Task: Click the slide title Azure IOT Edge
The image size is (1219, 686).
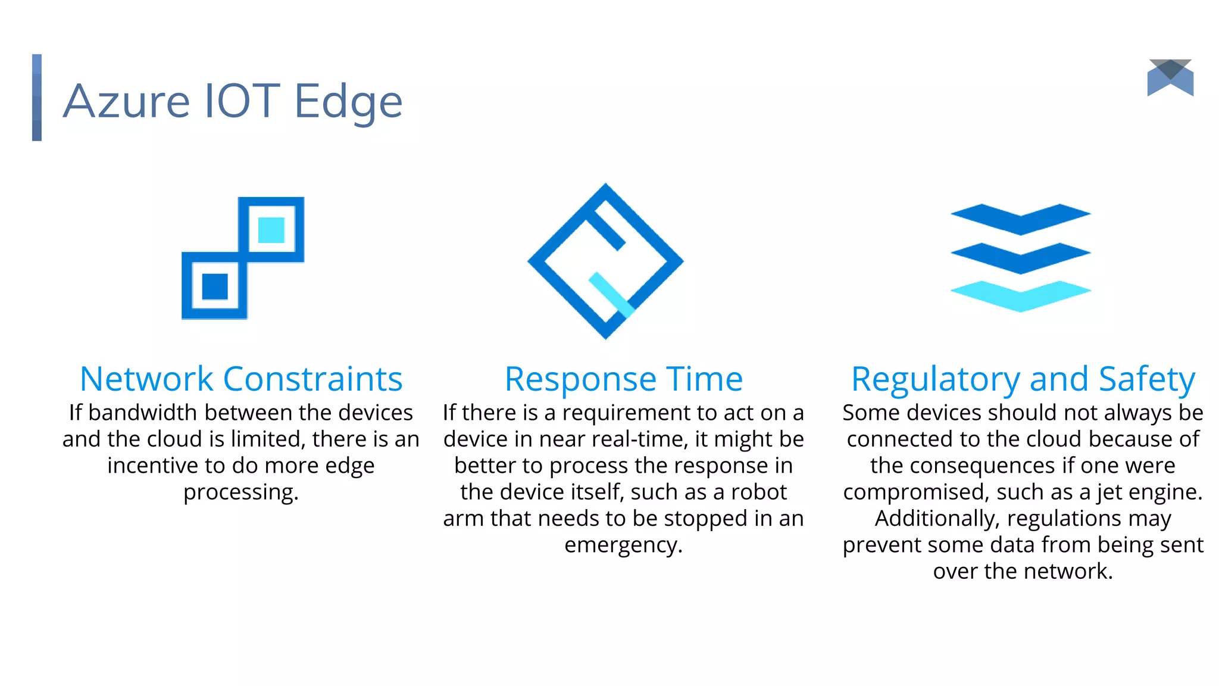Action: tap(233, 101)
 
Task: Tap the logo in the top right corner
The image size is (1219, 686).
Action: tap(1170, 78)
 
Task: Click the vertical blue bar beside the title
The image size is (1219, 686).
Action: tap(37, 98)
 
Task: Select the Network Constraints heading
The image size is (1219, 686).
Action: tap(241, 379)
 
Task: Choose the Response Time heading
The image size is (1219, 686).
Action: tap(624, 379)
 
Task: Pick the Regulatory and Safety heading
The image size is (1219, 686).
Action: tap(1023, 379)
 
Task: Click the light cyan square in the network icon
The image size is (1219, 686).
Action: tap(271, 230)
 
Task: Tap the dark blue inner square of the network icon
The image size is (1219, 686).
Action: tap(215, 286)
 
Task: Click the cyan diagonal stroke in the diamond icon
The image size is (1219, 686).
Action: tap(612, 295)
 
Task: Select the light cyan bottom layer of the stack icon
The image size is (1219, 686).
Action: tap(1021, 296)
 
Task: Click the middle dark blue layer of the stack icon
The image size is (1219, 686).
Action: tap(1021, 258)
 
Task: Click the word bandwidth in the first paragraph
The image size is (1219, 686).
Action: tap(142, 413)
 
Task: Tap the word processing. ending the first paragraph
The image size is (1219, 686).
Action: tap(241, 492)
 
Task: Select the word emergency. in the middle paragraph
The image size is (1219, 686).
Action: tap(623, 545)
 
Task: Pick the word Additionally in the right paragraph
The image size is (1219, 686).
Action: tap(936, 519)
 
